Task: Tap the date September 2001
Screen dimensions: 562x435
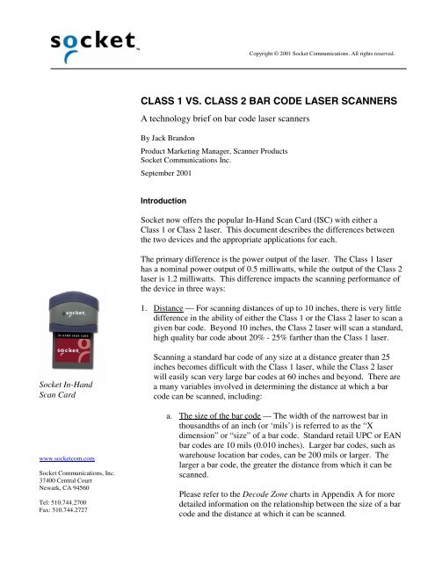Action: point(170,175)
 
